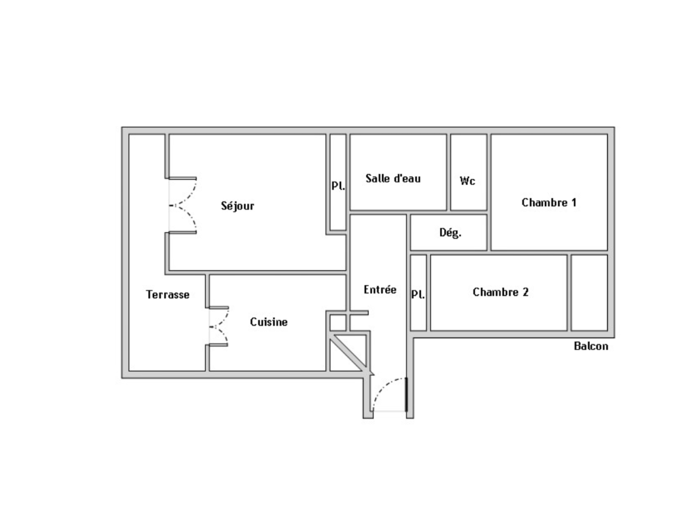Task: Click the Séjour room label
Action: pos(237,206)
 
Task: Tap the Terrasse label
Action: pos(168,295)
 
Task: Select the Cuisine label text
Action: pos(269,322)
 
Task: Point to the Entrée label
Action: pos(380,289)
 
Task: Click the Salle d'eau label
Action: pos(393,178)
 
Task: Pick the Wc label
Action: pos(468,181)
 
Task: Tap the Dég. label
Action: pos(450,233)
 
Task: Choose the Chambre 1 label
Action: pos(549,203)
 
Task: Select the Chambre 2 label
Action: pos(501,292)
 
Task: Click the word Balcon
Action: pos(591,346)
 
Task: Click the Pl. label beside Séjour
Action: pos(338,186)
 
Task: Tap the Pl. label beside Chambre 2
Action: pos(418,294)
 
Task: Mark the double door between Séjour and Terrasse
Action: pos(183,206)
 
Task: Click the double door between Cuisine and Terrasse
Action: pos(219,326)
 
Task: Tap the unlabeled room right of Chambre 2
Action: pos(589,293)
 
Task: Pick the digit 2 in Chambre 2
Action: pos(526,292)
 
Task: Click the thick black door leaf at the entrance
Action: pos(406,395)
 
